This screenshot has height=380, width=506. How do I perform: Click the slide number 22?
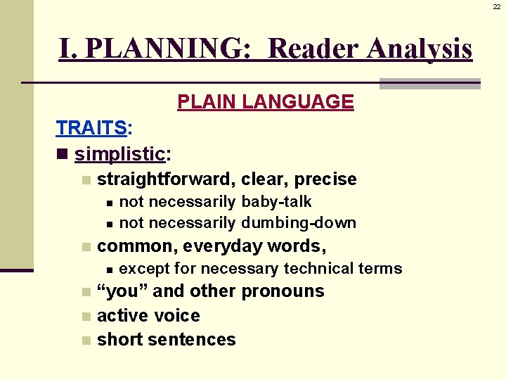coord(496,6)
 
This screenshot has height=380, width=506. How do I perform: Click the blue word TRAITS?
coord(91,128)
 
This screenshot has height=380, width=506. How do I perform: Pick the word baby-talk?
coord(276,202)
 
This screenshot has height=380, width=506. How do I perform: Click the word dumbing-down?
coord(299,223)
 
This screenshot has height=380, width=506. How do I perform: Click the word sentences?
coord(192,339)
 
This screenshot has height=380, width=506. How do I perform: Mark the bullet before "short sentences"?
coord(85,341)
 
